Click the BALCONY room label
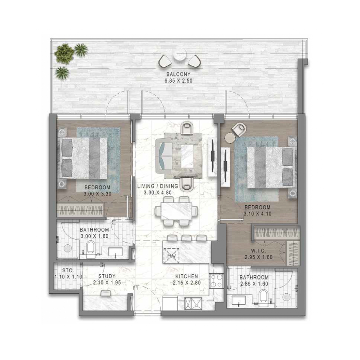[178, 75]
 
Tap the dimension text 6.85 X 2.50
[178, 81]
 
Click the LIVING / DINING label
[157, 186]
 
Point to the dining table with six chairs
[176, 211]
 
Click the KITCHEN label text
[186, 276]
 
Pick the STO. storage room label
[68, 271]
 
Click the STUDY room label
[107, 276]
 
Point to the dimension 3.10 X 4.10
[258, 214]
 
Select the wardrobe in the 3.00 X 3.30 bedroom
[81, 210]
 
